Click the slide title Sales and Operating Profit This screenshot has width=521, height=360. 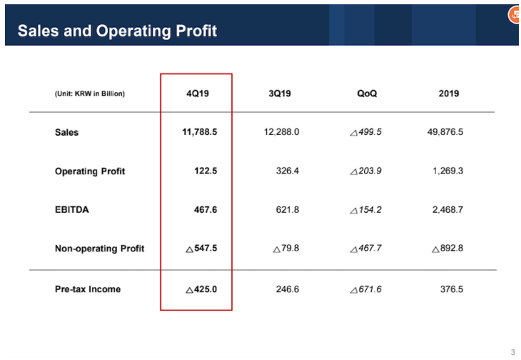tap(117, 31)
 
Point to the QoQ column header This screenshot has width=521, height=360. tap(367, 94)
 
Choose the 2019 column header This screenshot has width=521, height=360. tap(449, 94)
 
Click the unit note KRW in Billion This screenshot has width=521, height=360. tap(89, 94)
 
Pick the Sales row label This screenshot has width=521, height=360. tap(66, 132)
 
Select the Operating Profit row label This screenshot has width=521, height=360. tap(90, 171)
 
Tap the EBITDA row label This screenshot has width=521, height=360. tap(72, 210)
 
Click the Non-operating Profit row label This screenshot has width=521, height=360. tap(99, 249)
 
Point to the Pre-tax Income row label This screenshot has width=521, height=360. tap(88, 289)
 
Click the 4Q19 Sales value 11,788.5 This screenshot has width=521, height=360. tap(199, 132)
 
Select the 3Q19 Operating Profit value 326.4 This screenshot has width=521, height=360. tap(287, 171)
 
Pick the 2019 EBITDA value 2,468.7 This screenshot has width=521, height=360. tap(448, 210)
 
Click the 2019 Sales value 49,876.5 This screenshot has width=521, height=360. tap(445, 132)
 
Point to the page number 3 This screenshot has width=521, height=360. tap(512, 351)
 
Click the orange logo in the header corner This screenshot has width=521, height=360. tap(514, 16)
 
